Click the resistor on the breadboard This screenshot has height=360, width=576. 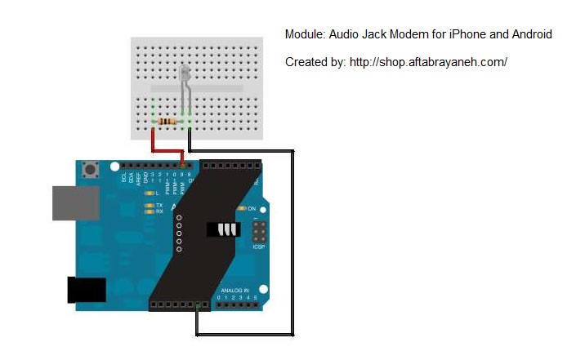coord(167,122)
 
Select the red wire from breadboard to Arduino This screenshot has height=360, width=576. coord(167,152)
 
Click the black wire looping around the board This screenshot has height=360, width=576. coord(292,245)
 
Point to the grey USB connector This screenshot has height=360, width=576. coord(75,202)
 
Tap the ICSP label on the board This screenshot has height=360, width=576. coord(259,247)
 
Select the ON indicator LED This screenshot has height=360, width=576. coord(240,209)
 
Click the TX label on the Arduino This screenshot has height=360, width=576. coord(159,205)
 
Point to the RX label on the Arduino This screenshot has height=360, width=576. coord(159,211)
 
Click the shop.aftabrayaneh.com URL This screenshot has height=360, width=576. coord(428,62)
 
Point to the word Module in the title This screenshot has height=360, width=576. coord(304,34)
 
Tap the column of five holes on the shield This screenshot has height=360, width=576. coord(179,232)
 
